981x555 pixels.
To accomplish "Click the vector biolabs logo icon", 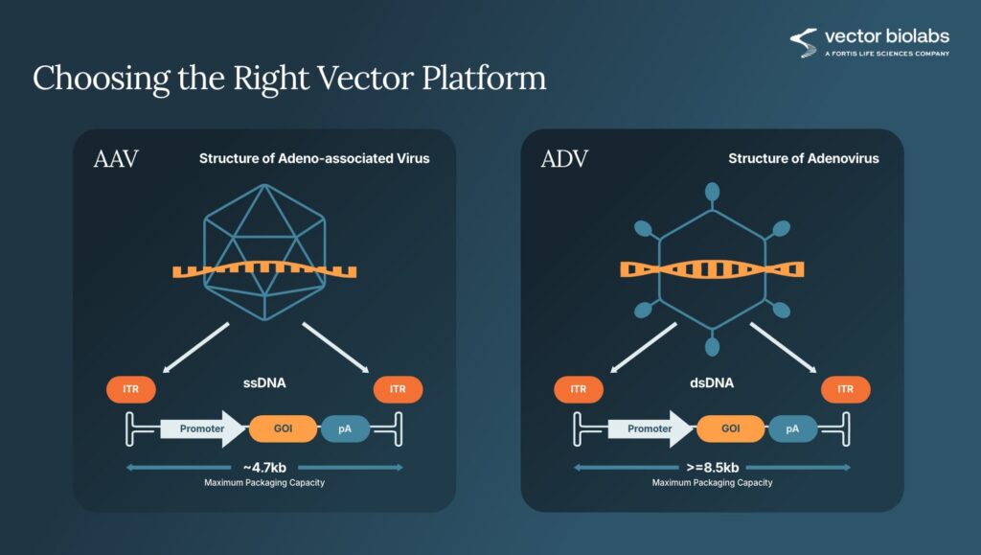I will [803, 42].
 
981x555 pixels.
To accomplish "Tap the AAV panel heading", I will [116, 159].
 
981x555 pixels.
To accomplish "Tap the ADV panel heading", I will [564, 159].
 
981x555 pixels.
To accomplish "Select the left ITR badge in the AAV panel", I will [130, 389].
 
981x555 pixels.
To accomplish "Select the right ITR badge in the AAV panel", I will [398, 389].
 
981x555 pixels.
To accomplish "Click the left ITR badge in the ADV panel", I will [579, 389].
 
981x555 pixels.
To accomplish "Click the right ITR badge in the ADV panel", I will [846, 389].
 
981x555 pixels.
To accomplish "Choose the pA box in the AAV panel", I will [345, 428].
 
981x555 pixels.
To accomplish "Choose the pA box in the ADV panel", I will [793, 428].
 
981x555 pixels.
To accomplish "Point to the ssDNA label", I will [264, 383].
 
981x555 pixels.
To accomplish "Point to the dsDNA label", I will [712, 383].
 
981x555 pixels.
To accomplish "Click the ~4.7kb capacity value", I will [264, 467].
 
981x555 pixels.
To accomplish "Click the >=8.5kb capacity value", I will [712, 467].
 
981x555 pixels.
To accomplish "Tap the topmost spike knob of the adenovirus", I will [712, 192].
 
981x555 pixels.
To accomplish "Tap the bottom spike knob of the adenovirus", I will [712, 346].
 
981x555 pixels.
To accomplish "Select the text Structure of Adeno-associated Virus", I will [314, 158].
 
